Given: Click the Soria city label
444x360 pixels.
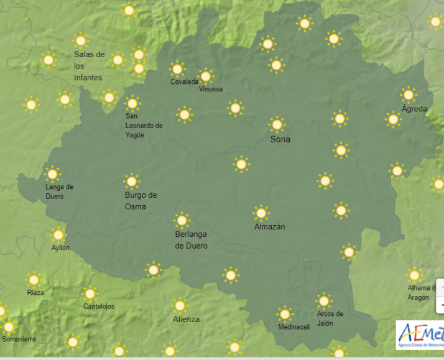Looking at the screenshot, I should coord(280,139).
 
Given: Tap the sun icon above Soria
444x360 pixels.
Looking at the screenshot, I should coord(277,124).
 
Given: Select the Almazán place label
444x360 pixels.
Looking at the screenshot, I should coord(269,227).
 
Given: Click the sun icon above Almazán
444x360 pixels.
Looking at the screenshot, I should coord(261,213).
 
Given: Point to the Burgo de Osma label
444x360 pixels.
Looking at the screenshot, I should coord(141,200).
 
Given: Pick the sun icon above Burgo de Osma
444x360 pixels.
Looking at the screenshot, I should coord(131,182).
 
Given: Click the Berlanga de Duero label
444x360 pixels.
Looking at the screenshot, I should coord(191,239).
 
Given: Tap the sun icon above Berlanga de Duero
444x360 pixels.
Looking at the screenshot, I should coord(182,220).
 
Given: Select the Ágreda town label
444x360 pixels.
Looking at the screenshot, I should coord(414,109).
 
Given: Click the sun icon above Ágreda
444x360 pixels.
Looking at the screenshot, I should coord(409,95).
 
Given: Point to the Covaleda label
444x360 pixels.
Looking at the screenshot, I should coord(185,82).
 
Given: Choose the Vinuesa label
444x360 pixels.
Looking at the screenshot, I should coord(210,89).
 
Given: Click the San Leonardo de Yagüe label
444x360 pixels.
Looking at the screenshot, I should coord(144,126).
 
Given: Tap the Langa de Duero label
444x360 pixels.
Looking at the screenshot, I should coord(59,192).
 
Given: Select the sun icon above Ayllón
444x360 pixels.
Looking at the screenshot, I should coord(58,234).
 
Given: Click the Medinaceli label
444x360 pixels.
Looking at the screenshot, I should coord(294,327).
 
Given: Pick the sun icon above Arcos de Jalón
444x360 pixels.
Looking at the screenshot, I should coord(323,301).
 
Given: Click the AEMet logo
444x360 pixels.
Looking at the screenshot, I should coord(420,335).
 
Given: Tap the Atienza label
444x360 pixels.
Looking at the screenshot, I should coord(186,319).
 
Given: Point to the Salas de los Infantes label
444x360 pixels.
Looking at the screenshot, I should coord(89,66).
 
